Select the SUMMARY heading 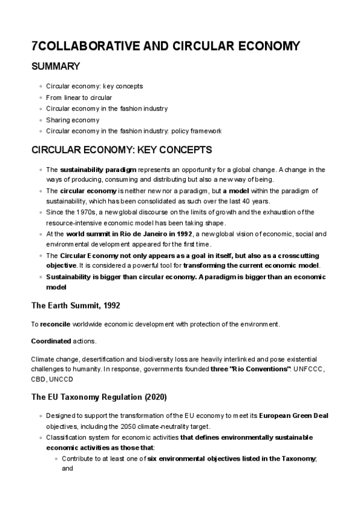point(55,66)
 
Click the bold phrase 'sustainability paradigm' point(99,170)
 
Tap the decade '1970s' point(88,212)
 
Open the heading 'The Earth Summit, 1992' point(76,306)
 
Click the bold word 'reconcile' point(56,324)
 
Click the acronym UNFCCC point(309,369)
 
